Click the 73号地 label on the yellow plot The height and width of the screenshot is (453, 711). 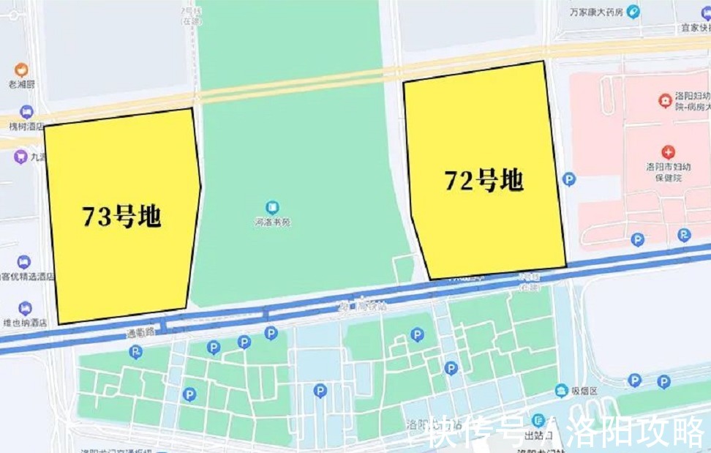[x=121, y=217]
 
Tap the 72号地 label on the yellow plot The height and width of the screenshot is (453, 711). [x=484, y=179]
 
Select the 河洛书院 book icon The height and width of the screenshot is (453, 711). [x=272, y=208]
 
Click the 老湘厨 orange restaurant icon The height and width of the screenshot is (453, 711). [x=21, y=70]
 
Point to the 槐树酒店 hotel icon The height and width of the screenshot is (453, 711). [x=26, y=112]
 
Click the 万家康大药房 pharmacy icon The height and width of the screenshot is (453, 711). [x=633, y=11]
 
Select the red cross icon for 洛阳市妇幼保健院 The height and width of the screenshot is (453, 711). [x=668, y=152]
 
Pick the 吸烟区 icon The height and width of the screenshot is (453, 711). [x=562, y=390]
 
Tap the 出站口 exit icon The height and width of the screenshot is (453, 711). [x=538, y=420]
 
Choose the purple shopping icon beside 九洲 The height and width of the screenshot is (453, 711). [x=20, y=156]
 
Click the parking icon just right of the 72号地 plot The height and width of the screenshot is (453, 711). [x=569, y=179]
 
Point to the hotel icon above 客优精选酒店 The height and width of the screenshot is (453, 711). [x=24, y=261]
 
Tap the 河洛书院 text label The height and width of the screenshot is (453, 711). [x=272, y=222]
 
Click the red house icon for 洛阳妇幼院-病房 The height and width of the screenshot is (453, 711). [x=665, y=99]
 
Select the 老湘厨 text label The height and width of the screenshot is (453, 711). [x=21, y=84]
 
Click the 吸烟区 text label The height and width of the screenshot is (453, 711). [x=584, y=391]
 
